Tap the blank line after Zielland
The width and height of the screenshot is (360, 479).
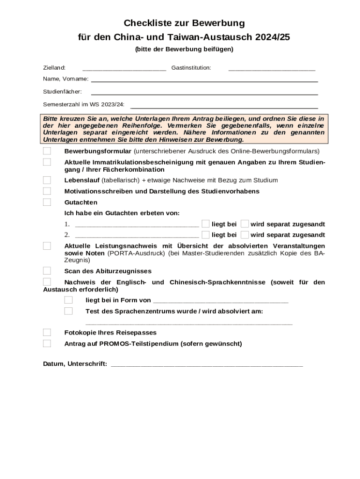pyautogui.click(x=124, y=69)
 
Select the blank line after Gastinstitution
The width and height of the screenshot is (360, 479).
pyautogui.click(x=272, y=69)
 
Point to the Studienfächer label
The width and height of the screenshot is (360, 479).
pyautogui.click(x=62, y=91)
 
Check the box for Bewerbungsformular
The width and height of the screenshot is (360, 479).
pyautogui.click(x=47, y=151)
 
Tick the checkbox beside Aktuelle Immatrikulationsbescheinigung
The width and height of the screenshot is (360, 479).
pyautogui.click(x=47, y=162)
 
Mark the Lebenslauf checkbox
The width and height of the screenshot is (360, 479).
pyautogui.click(x=47, y=180)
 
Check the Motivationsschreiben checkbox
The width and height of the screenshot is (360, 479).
pyautogui.click(x=47, y=191)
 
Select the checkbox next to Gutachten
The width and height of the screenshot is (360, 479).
pyautogui.click(x=47, y=202)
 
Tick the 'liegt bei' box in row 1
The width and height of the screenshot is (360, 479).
pyautogui.click(x=205, y=224)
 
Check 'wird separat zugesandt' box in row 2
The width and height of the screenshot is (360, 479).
pyautogui.click(x=245, y=234)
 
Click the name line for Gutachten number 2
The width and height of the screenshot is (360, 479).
pyautogui.click(x=137, y=236)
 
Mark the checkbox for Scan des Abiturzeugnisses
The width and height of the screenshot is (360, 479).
pyautogui.click(x=47, y=271)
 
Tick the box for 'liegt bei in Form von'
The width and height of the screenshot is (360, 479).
pyautogui.click(x=69, y=300)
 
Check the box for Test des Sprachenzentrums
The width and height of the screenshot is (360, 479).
pyautogui.click(x=69, y=311)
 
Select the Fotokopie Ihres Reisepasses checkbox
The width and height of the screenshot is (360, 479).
pyautogui.click(x=47, y=333)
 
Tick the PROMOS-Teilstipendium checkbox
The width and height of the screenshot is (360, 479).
pyautogui.click(x=47, y=343)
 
